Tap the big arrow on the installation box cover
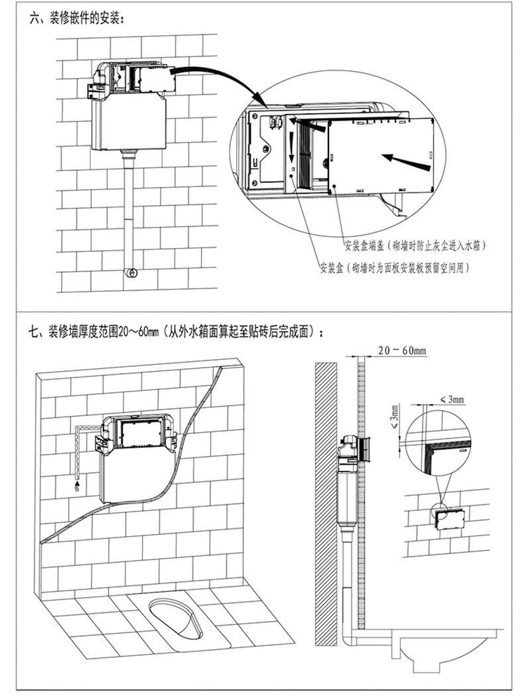[x=405, y=159]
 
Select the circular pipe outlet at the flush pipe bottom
[x=133, y=272]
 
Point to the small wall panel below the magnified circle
[x=449, y=519]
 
